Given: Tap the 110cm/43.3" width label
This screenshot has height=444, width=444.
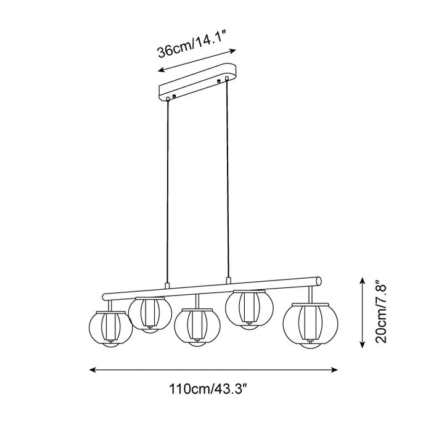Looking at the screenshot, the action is click(x=209, y=388).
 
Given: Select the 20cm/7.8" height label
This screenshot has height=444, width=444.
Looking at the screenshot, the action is click(x=381, y=312).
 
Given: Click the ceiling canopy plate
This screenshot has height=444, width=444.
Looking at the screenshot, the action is click(x=197, y=82).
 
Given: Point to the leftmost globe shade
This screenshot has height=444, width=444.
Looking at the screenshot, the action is click(x=110, y=329).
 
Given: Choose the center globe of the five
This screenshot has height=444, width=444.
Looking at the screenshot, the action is click(x=197, y=327).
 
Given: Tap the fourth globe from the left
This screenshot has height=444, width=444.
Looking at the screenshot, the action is click(x=249, y=310).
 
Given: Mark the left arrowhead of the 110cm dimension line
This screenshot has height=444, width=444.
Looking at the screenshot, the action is click(x=92, y=369).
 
